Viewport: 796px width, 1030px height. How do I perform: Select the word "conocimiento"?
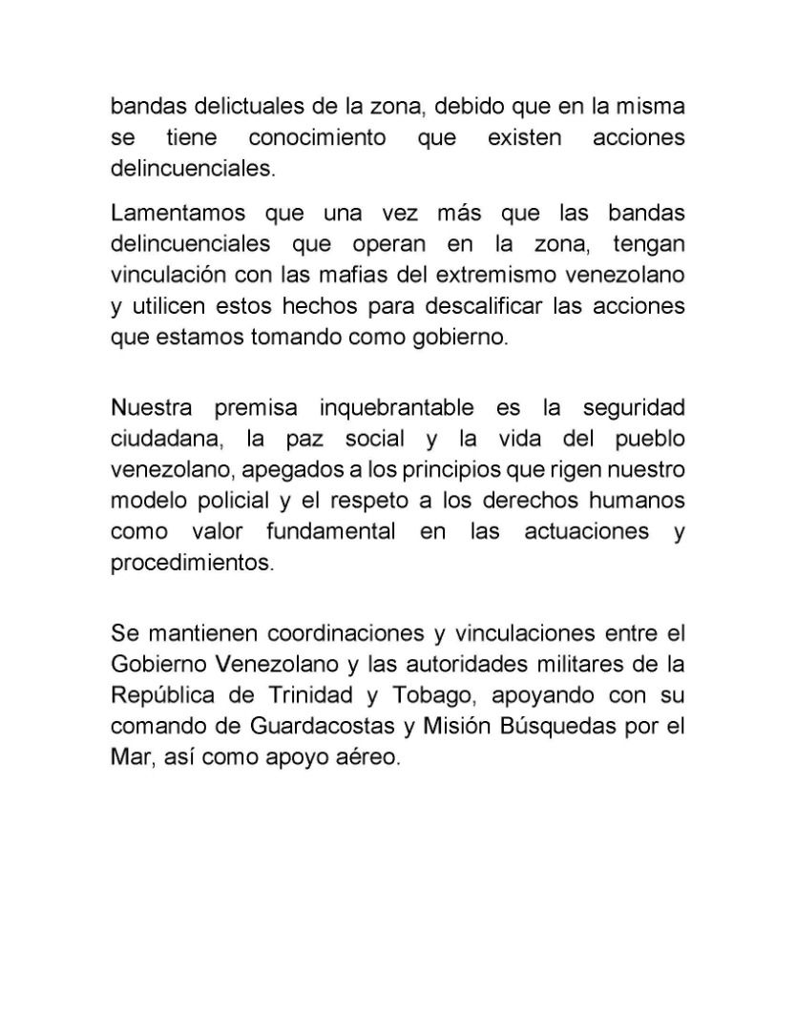coord(317,137)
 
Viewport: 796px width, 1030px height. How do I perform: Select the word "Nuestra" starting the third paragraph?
coord(151,407)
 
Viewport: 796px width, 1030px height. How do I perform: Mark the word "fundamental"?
coord(330,532)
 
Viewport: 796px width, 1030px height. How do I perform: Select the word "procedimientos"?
coord(192,564)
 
